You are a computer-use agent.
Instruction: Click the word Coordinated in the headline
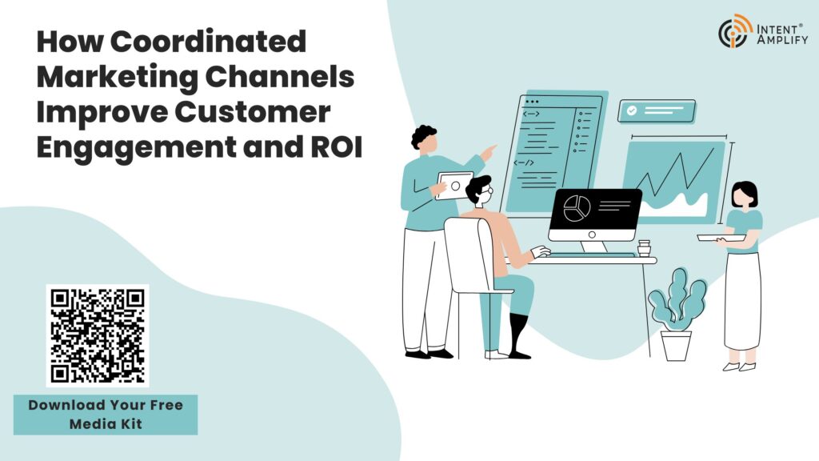click(216, 42)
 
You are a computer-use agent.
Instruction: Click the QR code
click(97, 335)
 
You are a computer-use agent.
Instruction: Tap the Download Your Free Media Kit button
click(106, 415)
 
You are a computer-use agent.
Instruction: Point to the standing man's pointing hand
click(489, 150)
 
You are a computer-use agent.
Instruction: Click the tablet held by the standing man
click(455, 186)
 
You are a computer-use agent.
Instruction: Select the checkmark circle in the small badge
click(632, 111)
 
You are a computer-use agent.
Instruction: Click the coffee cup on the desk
click(644, 247)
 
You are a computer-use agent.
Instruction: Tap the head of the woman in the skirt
click(745, 194)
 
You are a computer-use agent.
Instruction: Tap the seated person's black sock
click(518, 335)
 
